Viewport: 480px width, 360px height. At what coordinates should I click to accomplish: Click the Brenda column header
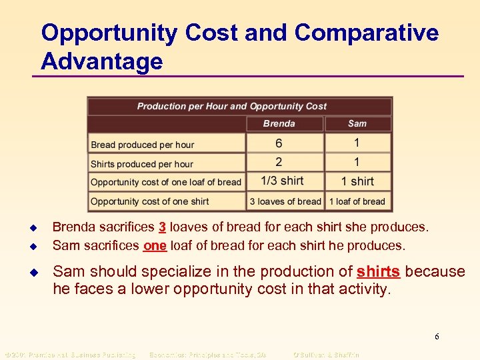point(279,123)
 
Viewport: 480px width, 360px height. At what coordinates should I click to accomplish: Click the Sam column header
point(357,123)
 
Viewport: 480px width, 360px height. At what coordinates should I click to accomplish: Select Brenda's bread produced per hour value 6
point(279,143)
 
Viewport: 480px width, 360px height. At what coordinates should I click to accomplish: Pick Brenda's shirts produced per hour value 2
point(279,162)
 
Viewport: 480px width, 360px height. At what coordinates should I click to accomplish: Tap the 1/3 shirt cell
point(282,181)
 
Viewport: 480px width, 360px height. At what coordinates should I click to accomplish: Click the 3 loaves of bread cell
point(285,201)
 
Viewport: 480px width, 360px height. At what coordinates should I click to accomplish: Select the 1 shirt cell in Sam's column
point(357,181)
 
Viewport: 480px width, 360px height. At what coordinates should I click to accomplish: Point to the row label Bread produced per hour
point(143,145)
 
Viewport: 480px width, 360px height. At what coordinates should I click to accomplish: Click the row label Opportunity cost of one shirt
point(150,201)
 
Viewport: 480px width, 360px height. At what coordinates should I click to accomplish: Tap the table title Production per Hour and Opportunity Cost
point(232,106)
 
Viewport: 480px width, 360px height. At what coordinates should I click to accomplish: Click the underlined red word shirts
point(379,272)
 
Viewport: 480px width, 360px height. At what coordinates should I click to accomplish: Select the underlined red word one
point(155,245)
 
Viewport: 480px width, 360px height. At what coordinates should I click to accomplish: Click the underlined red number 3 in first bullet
point(162,227)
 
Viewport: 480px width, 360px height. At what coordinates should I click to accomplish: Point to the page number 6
point(437,337)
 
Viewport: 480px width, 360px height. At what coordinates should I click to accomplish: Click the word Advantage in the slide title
point(101,61)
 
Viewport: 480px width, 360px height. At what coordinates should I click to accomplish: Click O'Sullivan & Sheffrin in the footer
point(326,355)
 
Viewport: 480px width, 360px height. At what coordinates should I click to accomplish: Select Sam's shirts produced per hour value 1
point(357,162)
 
